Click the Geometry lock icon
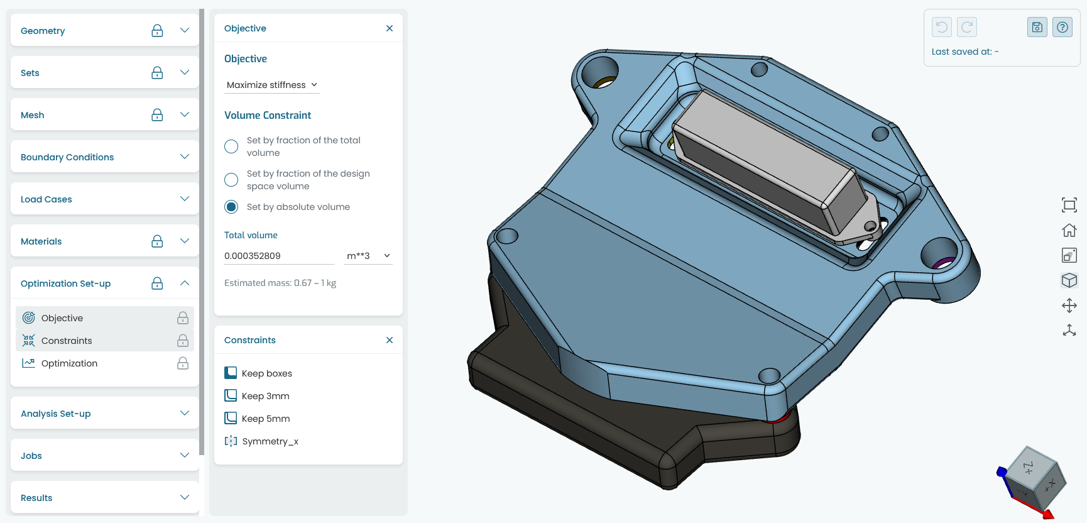[157, 30]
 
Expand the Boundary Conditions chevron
[185, 157]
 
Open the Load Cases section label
[46, 199]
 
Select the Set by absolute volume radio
[231, 207]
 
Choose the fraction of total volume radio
[231, 146]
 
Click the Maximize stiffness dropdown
[271, 85]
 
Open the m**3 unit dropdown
[368, 256]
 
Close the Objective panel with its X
[390, 28]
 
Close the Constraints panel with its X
[390, 340]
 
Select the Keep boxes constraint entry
[266, 373]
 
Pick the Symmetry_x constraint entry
[270, 441]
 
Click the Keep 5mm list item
[265, 419]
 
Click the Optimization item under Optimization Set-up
[69, 363]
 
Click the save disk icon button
[1037, 27]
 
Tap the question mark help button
[1062, 27]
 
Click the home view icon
[1069, 230]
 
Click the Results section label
[36, 498]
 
